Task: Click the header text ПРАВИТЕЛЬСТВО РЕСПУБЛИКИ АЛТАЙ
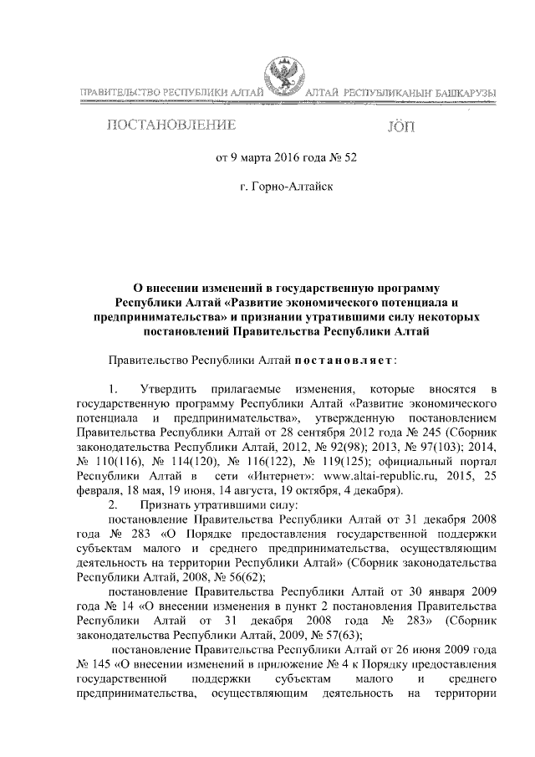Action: point(172,90)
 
